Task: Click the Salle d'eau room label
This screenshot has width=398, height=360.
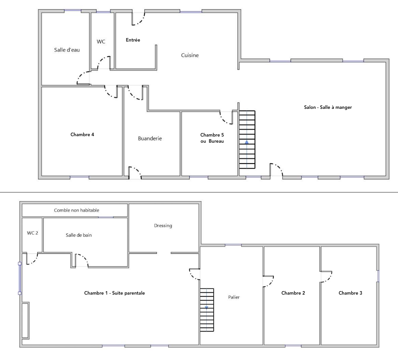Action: pyautogui.click(x=67, y=50)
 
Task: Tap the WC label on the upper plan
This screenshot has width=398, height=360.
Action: pyautogui.click(x=101, y=42)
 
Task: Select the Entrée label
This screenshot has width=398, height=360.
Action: pyautogui.click(x=133, y=40)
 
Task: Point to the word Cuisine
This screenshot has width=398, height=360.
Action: pyautogui.click(x=190, y=55)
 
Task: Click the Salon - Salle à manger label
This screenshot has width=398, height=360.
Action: pyautogui.click(x=328, y=107)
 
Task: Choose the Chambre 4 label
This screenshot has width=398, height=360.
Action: pyautogui.click(x=82, y=134)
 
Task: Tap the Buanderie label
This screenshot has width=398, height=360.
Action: pyautogui.click(x=150, y=138)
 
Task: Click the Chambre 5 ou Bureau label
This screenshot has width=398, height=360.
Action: pyautogui.click(x=212, y=138)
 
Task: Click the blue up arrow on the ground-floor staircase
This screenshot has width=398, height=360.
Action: pyautogui.click(x=247, y=142)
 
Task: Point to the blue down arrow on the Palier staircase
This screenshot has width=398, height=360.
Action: pyautogui.click(x=207, y=308)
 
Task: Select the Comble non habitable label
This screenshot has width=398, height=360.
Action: pyautogui.click(x=76, y=210)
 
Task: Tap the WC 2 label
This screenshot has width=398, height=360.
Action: pyautogui.click(x=33, y=233)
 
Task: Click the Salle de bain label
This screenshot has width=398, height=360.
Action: pyautogui.click(x=79, y=235)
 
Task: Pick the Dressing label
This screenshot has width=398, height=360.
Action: pyautogui.click(x=163, y=226)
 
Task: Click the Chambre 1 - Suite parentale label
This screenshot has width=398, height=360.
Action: pyautogui.click(x=114, y=293)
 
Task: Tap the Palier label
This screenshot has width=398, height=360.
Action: pyautogui.click(x=234, y=297)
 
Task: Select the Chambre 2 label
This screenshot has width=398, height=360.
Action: pyautogui.click(x=293, y=293)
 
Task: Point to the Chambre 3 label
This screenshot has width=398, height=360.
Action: pyautogui.click(x=350, y=293)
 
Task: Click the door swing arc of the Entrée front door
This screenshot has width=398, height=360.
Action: pyautogui.click(x=141, y=21)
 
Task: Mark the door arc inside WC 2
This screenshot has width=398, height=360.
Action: pyautogui.click(x=35, y=261)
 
